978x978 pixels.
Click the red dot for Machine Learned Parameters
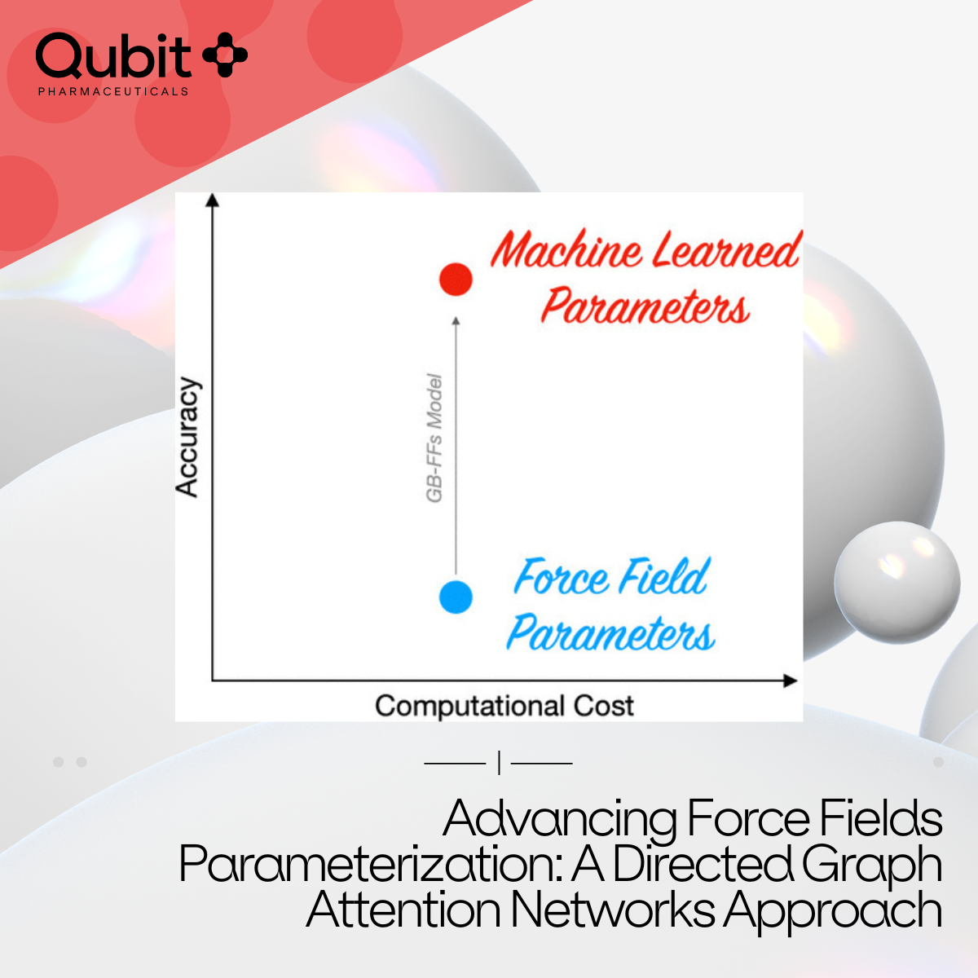coord(456,280)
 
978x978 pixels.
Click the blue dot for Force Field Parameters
coord(456,597)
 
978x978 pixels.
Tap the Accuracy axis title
coord(187,437)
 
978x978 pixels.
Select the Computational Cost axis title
coord(504,706)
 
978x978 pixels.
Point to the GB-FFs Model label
coord(434,438)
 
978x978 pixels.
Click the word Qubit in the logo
coord(113,56)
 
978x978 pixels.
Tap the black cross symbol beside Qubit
coord(225,55)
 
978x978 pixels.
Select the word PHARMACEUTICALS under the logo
coord(113,91)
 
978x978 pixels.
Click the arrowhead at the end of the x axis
coord(791,681)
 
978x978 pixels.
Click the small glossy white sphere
coord(896,582)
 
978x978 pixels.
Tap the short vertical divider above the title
coord(500,763)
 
